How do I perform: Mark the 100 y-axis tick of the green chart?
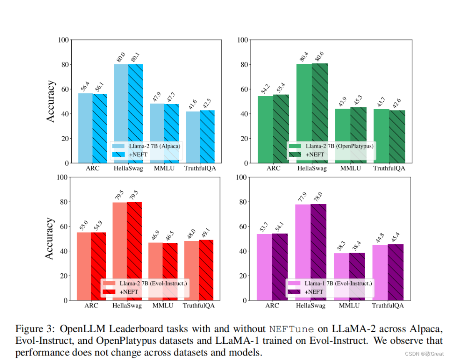click(243, 40)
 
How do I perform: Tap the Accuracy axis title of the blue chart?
click(50, 101)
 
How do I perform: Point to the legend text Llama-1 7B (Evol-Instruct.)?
click(338, 283)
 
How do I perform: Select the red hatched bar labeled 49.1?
click(207, 270)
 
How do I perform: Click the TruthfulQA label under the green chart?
click(389, 168)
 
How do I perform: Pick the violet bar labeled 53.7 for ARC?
click(264, 267)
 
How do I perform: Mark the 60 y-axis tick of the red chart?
click(64, 226)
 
